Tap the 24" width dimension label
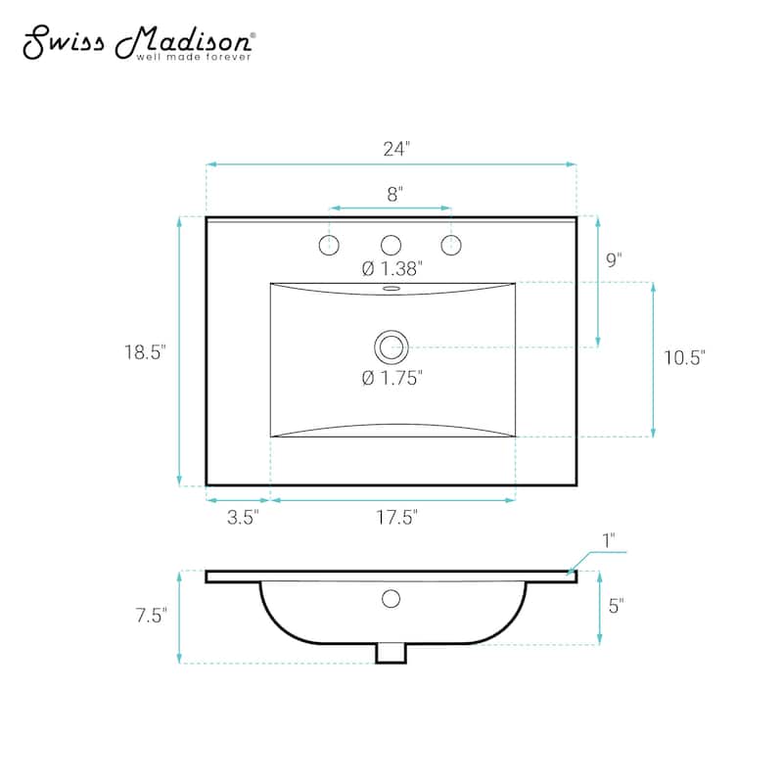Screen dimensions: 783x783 pyautogui.click(x=395, y=149)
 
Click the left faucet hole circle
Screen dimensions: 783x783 pyautogui.click(x=330, y=244)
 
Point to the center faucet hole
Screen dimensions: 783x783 pyautogui.click(x=391, y=244)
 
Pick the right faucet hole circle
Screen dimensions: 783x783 pyautogui.click(x=451, y=244)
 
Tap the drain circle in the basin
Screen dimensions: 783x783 pyautogui.click(x=391, y=345)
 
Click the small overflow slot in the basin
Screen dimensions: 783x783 pyautogui.click(x=391, y=290)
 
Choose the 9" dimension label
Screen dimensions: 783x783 pyautogui.click(x=614, y=260)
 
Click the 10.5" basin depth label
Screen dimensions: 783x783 pyautogui.click(x=684, y=358)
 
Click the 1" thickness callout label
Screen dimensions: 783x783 pyautogui.click(x=608, y=539)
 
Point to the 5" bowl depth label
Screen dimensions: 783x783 pyautogui.click(x=616, y=607)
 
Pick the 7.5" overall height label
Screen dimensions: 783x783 pyautogui.click(x=151, y=615)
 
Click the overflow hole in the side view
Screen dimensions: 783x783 pyautogui.click(x=391, y=598)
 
